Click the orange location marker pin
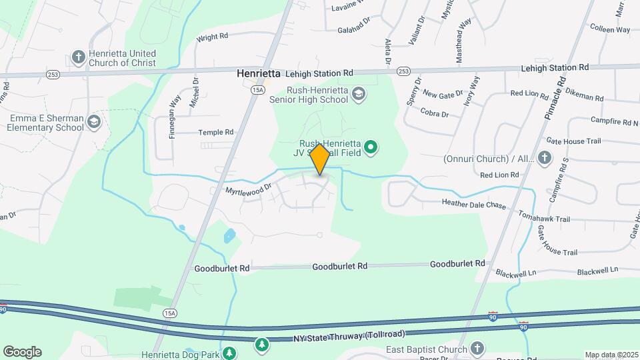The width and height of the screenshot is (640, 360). (320, 160)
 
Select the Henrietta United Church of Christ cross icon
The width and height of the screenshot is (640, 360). (79, 57)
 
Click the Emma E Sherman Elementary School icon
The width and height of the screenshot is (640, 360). (93, 121)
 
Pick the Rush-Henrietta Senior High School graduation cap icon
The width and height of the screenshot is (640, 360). (359, 93)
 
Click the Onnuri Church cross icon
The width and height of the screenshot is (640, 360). (545, 157)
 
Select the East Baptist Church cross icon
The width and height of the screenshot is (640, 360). (477, 348)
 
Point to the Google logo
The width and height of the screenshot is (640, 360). (22, 352)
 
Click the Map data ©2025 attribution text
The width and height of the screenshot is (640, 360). (611, 355)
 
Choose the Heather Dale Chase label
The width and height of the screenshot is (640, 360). (474, 205)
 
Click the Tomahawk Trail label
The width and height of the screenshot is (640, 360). (544, 219)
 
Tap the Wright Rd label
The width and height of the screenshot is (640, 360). (212, 37)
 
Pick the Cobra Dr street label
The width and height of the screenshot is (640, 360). (435, 114)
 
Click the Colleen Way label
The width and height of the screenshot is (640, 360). (610, 29)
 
